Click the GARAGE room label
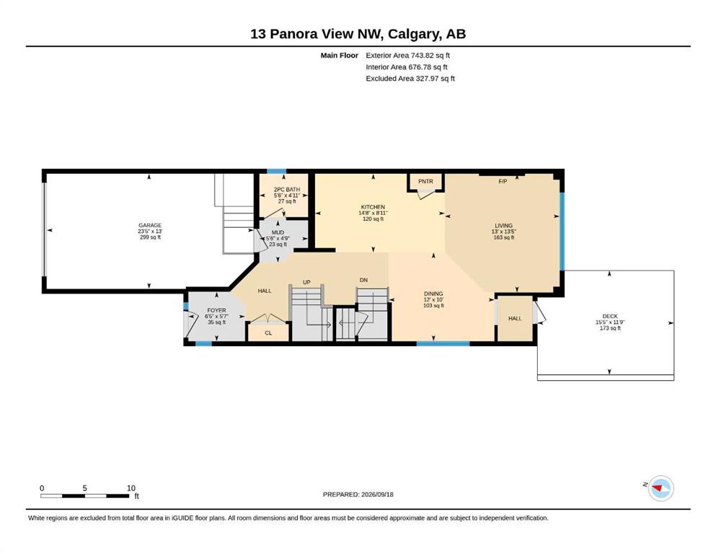click(x=150, y=225)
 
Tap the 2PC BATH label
click(x=287, y=190)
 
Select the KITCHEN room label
click(x=373, y=207)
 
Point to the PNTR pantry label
click(x=425, y=181)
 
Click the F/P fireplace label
click(x=503, y=181)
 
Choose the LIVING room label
click(x=504, y=226)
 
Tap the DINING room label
click(x=433, y=294)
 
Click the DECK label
click(x=610, y=316)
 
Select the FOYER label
click(x=216, y=310)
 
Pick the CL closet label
click(x=268, y=333)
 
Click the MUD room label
click(x=278, y=232)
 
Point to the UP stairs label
click(x=306, y=282)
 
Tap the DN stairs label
click(x=363, y=280)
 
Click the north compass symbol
click(x=660, y=488)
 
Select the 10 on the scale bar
click(x=131, y=488)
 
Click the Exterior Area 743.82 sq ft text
click(x=408, y=56)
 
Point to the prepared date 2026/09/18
click(x=377, y=494)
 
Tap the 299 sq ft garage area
click(x=150, y=237)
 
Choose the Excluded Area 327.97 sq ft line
click(x=410, y=78)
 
